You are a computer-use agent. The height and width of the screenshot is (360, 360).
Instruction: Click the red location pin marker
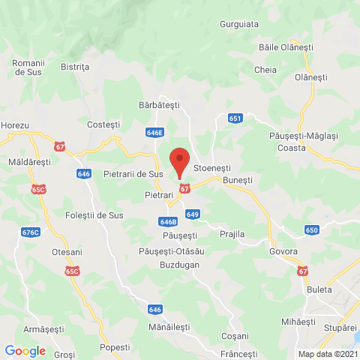coord(178,162)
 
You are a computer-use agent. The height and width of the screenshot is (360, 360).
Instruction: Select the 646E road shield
coord(155,132)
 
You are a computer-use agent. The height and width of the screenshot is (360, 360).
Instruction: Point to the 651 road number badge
coord(235,118)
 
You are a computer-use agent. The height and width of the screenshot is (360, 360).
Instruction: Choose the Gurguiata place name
coord(239,24)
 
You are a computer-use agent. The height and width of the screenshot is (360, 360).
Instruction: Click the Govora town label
coord(283,252)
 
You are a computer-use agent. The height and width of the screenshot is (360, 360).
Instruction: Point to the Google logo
coord(25,350)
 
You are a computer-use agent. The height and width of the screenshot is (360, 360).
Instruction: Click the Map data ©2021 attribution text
coord(327,353)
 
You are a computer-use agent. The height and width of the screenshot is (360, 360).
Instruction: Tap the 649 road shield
coord(193,214)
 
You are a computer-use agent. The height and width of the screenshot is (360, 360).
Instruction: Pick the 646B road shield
coord(168,222)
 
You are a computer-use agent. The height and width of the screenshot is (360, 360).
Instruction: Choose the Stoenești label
coord(213,169)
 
